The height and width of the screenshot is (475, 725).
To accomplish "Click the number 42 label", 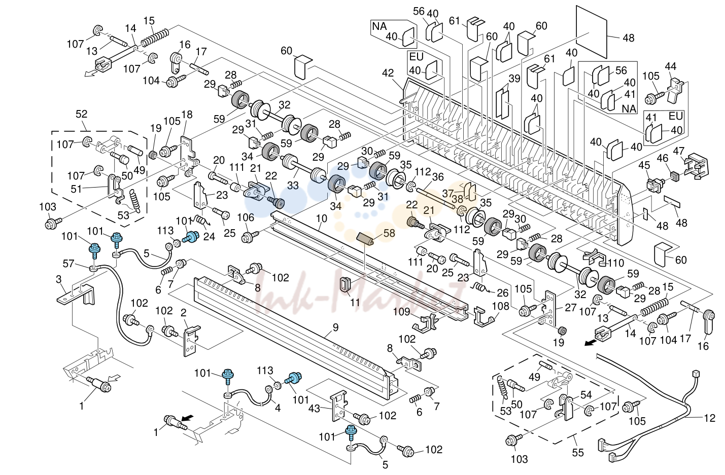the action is pyautogui.click(x=388, y=73).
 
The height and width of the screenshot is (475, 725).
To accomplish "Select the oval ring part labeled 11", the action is pyautogui.click(x=346, y=285).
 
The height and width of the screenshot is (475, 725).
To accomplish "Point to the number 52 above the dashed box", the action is pyautogui.click(x=82, y=114).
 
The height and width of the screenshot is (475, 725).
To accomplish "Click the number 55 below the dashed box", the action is pyautogui.click(x=578, y=453).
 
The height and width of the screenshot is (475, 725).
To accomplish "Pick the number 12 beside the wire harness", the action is pyautogui.click(x=710, y=418).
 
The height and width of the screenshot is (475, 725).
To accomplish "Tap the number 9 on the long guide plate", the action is pyautogui.click(x=336, y=327).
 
